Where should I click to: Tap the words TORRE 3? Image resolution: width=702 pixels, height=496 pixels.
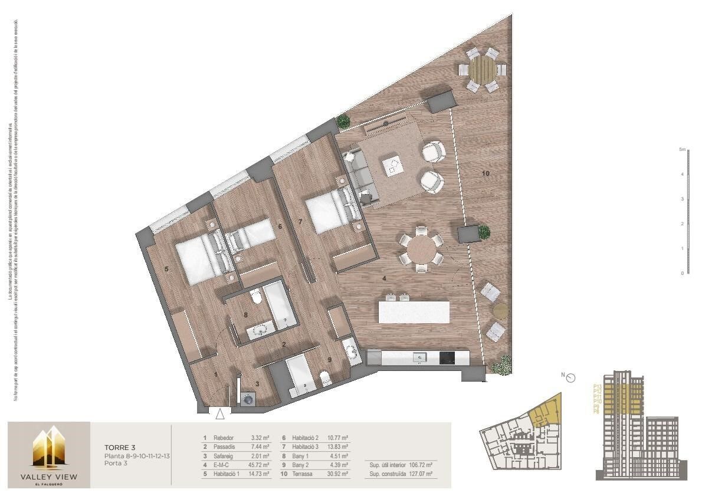(x=120, y=448)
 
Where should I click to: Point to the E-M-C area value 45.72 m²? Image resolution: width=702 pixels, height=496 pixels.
(x=258, y=465)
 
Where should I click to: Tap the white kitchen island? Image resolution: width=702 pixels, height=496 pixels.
(x=414, y=312)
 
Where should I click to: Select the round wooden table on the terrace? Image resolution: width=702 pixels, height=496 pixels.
(x=484, y=70)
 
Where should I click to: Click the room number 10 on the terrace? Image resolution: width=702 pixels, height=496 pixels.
(x=486, y=173)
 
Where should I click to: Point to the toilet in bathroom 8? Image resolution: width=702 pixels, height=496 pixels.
(x=255, y=297)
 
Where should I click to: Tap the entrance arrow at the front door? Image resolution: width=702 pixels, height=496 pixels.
(x=220, y=414)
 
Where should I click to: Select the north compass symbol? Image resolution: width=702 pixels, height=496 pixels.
(x=570, y=378)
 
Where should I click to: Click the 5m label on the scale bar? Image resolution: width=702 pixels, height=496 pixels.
(x=683, y=150)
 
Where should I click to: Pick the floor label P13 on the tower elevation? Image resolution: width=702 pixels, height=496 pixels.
(x=597, y=386)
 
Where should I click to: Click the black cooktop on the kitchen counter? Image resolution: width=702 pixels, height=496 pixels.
(x=447, y=357)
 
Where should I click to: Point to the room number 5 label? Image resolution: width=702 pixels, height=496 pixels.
(x=167, y=270)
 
